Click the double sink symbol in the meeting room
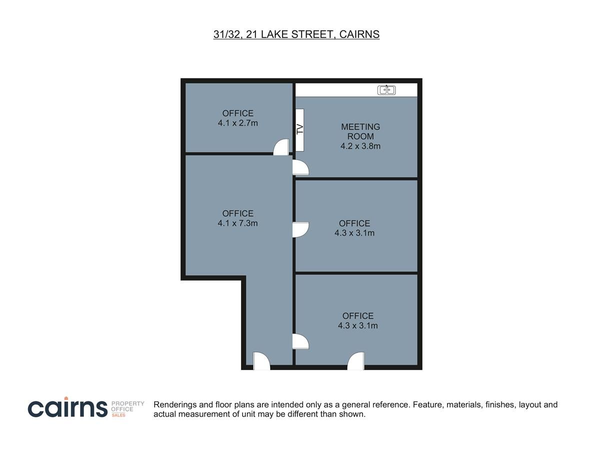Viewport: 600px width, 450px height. (386, 90)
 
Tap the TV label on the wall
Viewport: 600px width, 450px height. (300, 129)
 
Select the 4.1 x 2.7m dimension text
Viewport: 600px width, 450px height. (237, 123)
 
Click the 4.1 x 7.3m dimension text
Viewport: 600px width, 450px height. (237, 223)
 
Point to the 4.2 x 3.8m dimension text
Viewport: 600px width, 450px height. (360, 146)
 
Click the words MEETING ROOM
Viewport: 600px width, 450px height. (360, 131)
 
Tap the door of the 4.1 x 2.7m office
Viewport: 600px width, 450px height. (281, 147)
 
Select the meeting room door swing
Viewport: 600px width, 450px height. (300, 167)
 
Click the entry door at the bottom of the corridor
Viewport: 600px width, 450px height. (261, 361)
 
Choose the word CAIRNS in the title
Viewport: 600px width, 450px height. (359, 34)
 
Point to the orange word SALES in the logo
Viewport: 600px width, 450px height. (118, 415)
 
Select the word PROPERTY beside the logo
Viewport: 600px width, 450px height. (127, 403)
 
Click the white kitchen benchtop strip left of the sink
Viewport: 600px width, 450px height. (336, 90)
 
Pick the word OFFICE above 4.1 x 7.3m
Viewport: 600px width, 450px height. (238, 213)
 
